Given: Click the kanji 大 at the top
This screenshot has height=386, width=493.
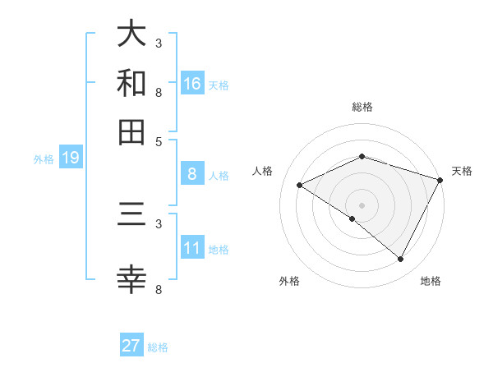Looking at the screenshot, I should click(131, 34).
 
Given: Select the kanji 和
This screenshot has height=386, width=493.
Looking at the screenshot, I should click(131, 83).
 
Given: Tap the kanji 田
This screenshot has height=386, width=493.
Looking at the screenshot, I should click(131, 131).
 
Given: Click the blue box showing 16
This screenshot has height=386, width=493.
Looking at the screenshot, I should click(192, 83).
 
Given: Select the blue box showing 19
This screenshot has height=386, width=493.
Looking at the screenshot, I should click(70, 158).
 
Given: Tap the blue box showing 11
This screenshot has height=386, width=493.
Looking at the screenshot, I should click(192, 248).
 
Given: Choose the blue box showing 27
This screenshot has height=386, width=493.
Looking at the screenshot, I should click(131, 346).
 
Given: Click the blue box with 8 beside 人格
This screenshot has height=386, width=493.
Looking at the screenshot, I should click(192, 174).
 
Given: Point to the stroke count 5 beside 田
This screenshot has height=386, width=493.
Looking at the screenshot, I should click(159, 140).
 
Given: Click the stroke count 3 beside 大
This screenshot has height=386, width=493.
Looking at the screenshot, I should click(159, 43).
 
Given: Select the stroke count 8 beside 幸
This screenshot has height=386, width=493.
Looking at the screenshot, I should click(159, 289).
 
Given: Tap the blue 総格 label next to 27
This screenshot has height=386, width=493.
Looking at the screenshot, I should click(158, 347).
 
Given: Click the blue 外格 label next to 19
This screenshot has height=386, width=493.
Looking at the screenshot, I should click(43, 159).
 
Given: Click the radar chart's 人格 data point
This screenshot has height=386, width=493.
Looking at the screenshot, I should click(300, 186).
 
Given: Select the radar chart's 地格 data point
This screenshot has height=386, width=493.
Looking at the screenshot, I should click(401, 260).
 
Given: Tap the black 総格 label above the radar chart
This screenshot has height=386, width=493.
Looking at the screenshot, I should click(362, 107).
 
